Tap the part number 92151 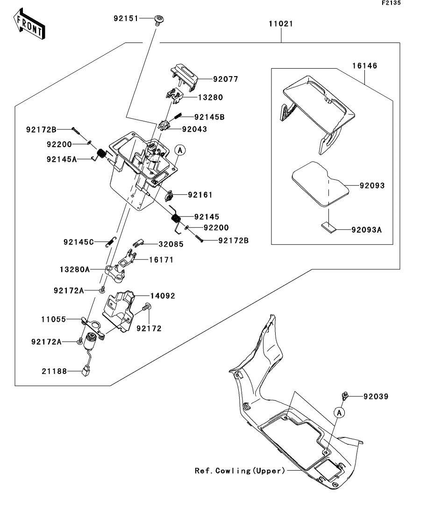[126, 18]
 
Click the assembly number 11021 [281, 24]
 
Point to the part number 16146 [364, 66]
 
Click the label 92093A [367, 230]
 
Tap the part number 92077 [226, 79]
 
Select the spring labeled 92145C [111, 242]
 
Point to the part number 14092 [163, 296]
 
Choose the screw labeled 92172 [147, 307]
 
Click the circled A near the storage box [180, 150]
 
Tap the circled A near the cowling [339, 412]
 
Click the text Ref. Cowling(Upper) [240, 471]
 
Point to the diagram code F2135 [391, 3]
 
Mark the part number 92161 [200, 195]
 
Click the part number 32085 [171, 244]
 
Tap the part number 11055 [54, 319]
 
